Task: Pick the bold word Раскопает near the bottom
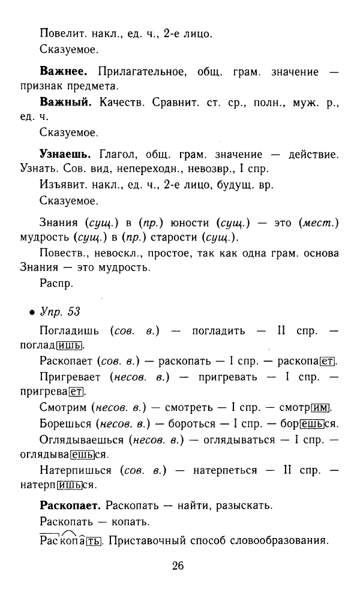tap(70, 505)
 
